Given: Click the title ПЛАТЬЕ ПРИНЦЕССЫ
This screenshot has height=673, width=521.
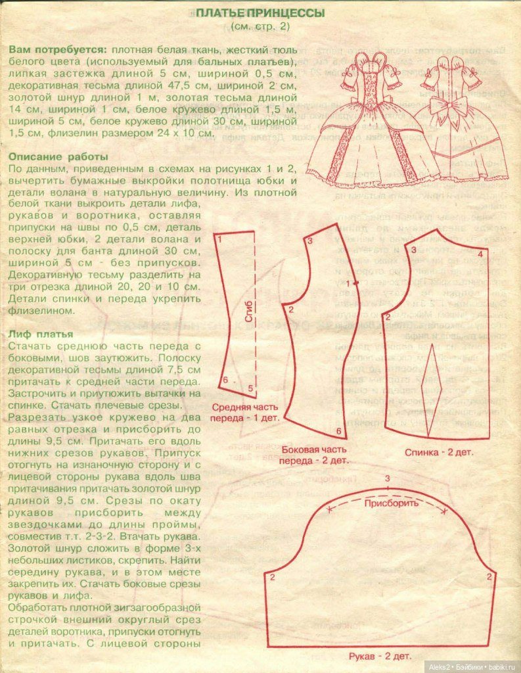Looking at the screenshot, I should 260,13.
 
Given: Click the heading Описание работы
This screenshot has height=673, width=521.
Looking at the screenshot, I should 58,156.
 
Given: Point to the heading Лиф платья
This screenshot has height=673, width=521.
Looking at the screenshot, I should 39,334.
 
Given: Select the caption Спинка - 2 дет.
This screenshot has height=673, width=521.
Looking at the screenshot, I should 438,452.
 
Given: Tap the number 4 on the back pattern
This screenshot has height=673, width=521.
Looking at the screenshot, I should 480,254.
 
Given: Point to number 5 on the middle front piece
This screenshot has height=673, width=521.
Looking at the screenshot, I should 250,388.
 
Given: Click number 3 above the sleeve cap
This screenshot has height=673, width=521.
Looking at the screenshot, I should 388,478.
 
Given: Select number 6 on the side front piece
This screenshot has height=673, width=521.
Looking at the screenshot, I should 338,431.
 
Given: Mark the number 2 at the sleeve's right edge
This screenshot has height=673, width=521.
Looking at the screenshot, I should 489,576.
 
